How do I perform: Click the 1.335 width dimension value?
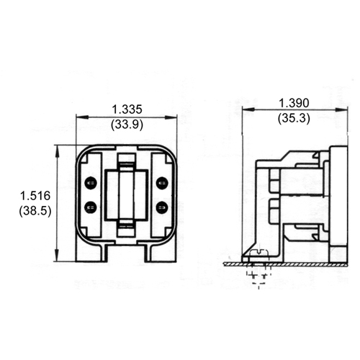(x=127, y=109)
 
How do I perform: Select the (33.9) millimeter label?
(x=127, y=124)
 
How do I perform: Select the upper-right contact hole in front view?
(x=161, y=181)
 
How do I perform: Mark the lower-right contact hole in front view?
(x=161, y=207)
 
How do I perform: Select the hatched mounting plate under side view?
(x=288, y=264)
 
